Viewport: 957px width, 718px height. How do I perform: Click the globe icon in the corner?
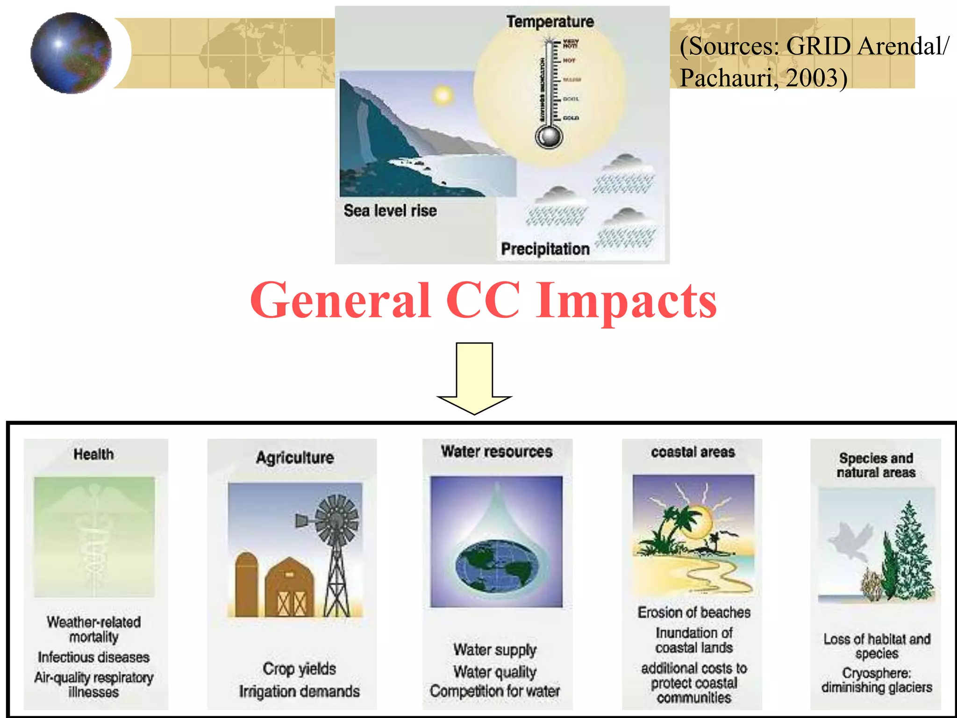(x=71, y=53)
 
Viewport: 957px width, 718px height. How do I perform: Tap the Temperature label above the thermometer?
(x=550, y=22)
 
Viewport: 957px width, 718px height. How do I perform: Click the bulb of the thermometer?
(x=549, y=137)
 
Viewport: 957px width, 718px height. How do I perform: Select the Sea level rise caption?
(x=390, y=211)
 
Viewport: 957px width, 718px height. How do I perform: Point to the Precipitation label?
(x=545, y=249)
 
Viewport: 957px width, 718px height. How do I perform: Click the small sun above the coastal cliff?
(x=442, y=96)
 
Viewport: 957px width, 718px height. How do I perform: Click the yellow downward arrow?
(x=474, y=379)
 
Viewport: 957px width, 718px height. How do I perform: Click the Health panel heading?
(x=93, y=454)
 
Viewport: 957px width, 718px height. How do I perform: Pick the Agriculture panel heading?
(x=295, y=458)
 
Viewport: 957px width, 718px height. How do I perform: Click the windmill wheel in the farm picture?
(x=336, y=519)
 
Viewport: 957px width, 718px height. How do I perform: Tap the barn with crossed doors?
(x=289, y=589)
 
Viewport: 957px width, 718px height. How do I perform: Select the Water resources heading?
(x=497, y=452)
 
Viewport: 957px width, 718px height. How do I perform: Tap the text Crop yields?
(x=299, y=669)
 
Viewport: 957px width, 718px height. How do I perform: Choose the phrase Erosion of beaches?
(x=694, y=612)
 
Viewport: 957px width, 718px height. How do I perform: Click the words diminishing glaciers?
(x=877, y=688)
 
